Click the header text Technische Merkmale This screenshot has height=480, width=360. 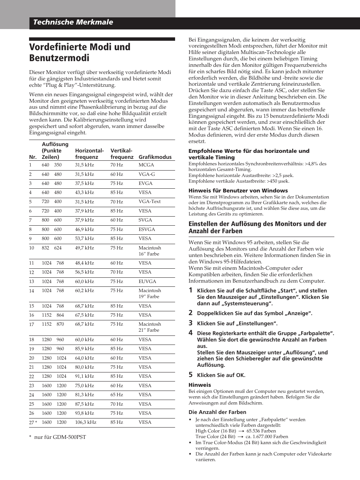[73, 22]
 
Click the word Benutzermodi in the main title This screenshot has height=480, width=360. [59, 58]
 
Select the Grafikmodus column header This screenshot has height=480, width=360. [155, 157]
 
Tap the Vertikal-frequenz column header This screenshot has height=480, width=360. [122, 154]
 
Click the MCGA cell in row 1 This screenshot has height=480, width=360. [146, 165]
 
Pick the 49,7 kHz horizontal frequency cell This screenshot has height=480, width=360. [84, 248]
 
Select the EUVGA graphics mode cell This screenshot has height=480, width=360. [147, 282]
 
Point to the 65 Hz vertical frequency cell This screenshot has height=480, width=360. [117, 395]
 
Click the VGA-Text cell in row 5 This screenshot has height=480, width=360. [149, 202]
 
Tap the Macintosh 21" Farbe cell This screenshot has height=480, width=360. [149, 327]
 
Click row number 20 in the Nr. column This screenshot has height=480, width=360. [32, 358]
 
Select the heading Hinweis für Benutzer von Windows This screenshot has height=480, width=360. [238, 191]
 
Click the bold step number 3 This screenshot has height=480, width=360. [191, 323]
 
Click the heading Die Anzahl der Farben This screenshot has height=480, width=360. [217, 412]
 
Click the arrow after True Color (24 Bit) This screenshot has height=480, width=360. [240, 437]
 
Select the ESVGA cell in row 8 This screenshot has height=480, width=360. [146, 229]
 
